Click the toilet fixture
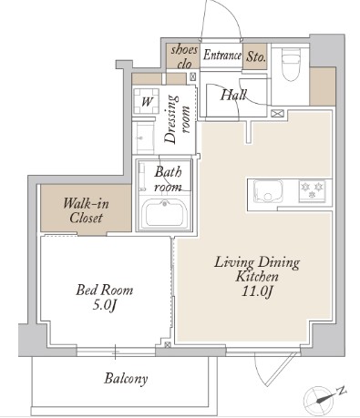pyautogui.click(x=291, y=66)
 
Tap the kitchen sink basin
pyautogui.click(x=268, y=192)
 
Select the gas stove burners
pyautogui.click(x=313, y=191)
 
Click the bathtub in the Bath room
pyautogui.click(x=164, y=213)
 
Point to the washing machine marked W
pyautogui.click(x=147, y=101)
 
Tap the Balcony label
pyautogui.click(x=126, y=379)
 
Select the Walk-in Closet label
pyautogui.click(x=86, y=210)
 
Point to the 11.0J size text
pyautogui.click(x=257, y=291)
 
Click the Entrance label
pyautogui.click(x=222, y=56)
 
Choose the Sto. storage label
pyautogui.click(x=255, y=56)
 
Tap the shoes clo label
pyautogui.click(x=184, y=56)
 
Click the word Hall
pyautogui.click(x=233, y=95)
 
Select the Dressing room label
pyautogui.click(x=177, y=119)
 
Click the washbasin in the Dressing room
pyautogui.click(x=143, y=138)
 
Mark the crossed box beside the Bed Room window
pyautogui.click(x=167, y=345)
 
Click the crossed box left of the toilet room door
pyautogui.click(x=278, y=114)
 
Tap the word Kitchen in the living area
pyautogui.click(x=257, y=277)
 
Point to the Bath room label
pyautogui.click(x=168, y=179)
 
